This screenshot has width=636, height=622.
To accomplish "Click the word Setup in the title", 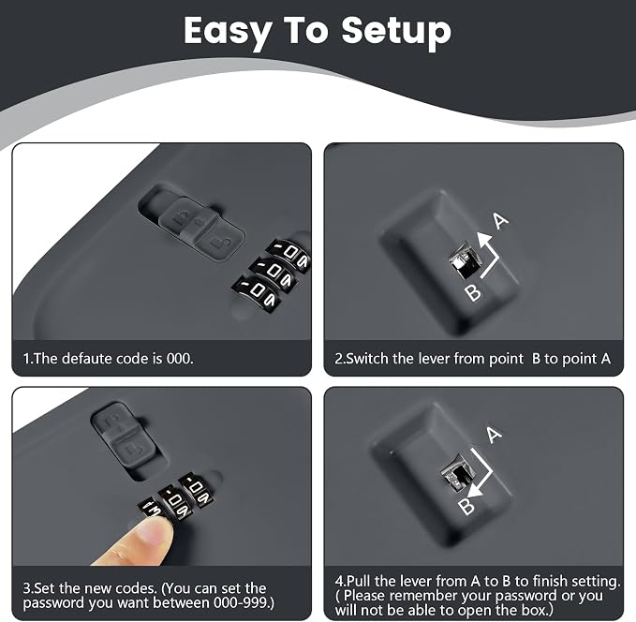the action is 396,32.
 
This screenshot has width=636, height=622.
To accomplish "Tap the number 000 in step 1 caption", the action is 180,358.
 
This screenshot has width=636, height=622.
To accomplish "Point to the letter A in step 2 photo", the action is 500,220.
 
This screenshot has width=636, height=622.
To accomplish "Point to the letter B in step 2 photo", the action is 473,292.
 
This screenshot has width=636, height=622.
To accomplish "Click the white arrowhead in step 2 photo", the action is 483,240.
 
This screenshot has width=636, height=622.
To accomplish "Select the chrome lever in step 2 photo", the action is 465,261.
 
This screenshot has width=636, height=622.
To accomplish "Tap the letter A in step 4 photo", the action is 494,435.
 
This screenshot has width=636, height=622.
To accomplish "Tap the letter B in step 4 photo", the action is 466,507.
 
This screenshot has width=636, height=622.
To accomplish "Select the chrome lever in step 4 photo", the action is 457,473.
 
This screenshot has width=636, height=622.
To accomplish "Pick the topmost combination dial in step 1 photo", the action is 288,254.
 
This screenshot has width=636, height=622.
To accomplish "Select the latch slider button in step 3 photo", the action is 124,434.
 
